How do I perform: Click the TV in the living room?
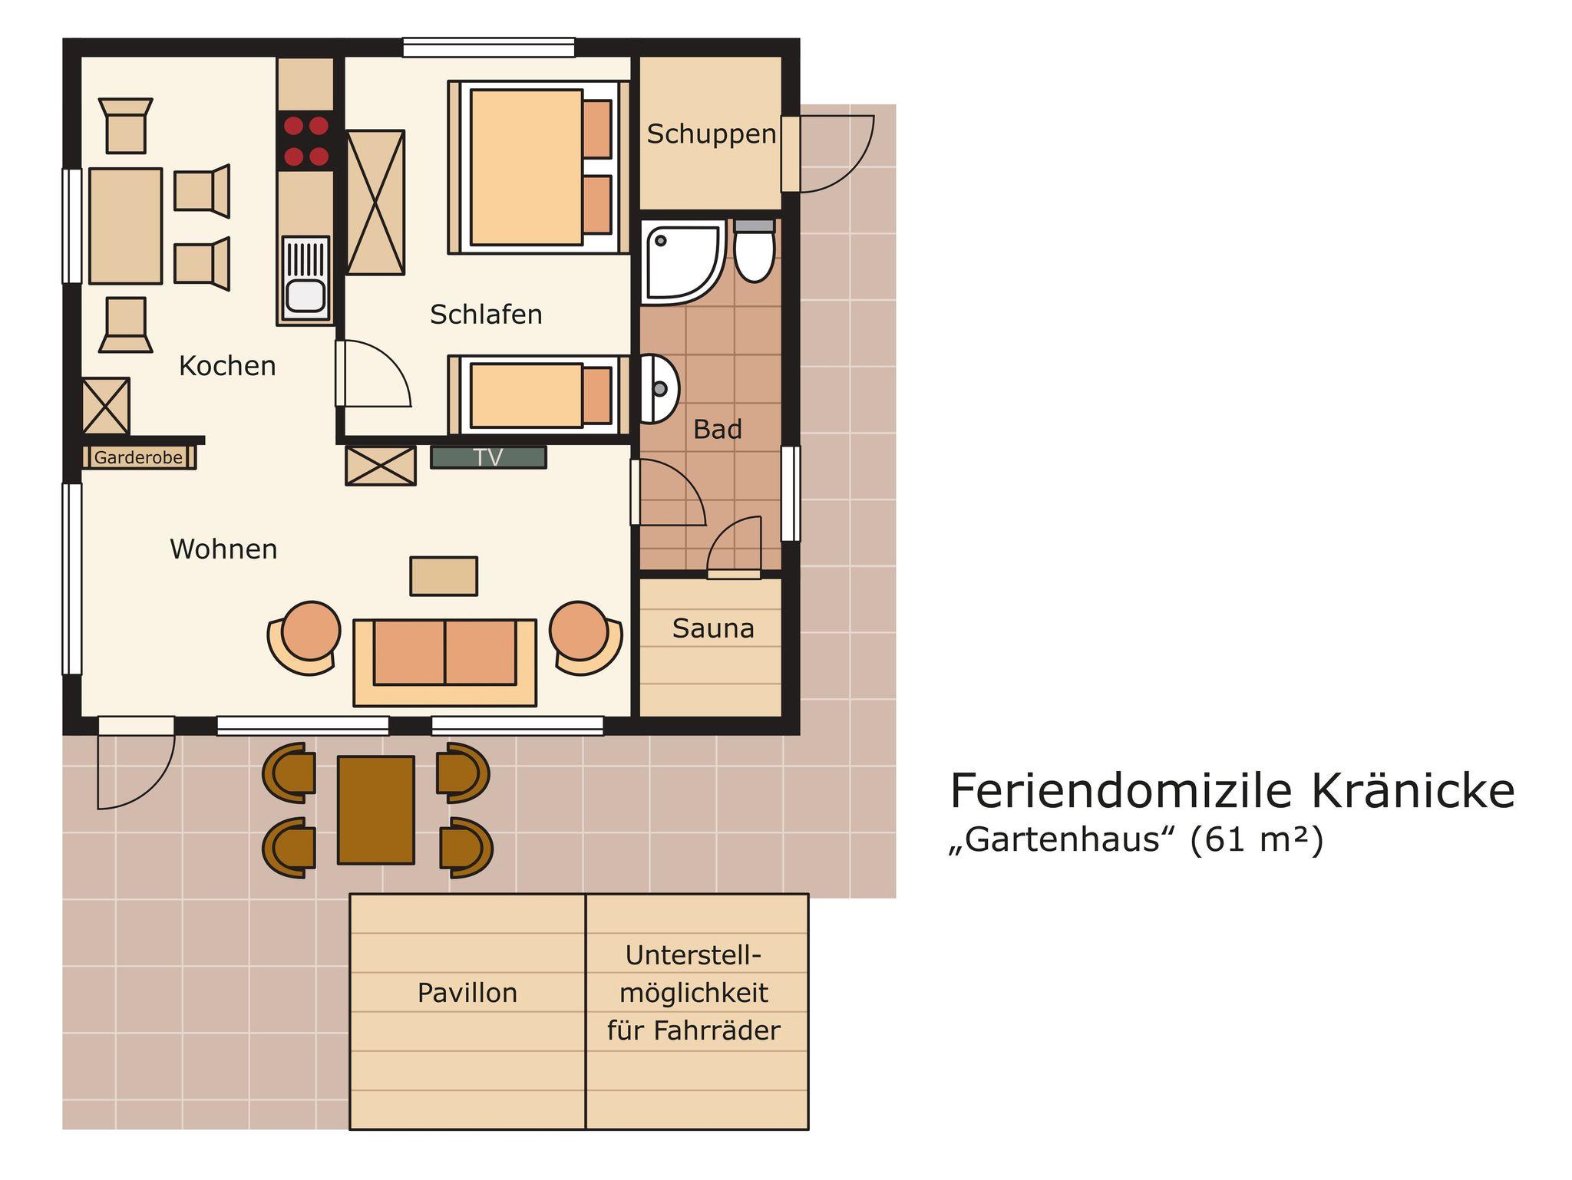coord(488,457)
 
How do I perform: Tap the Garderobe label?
coord(139,458)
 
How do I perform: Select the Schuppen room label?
coord(712,135)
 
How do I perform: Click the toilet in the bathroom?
coord(755,250)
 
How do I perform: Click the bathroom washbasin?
coord(659,388)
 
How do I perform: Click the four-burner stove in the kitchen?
coord(306,141)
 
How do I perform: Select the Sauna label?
coord(713,629)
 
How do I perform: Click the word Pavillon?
coord(467,994)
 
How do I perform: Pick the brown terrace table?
coord(376,810)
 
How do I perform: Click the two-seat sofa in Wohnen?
coord(445,662)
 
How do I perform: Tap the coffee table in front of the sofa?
coord(444,576)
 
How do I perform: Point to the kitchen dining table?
coord(126,226)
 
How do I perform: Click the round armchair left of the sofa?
coord(306,638)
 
